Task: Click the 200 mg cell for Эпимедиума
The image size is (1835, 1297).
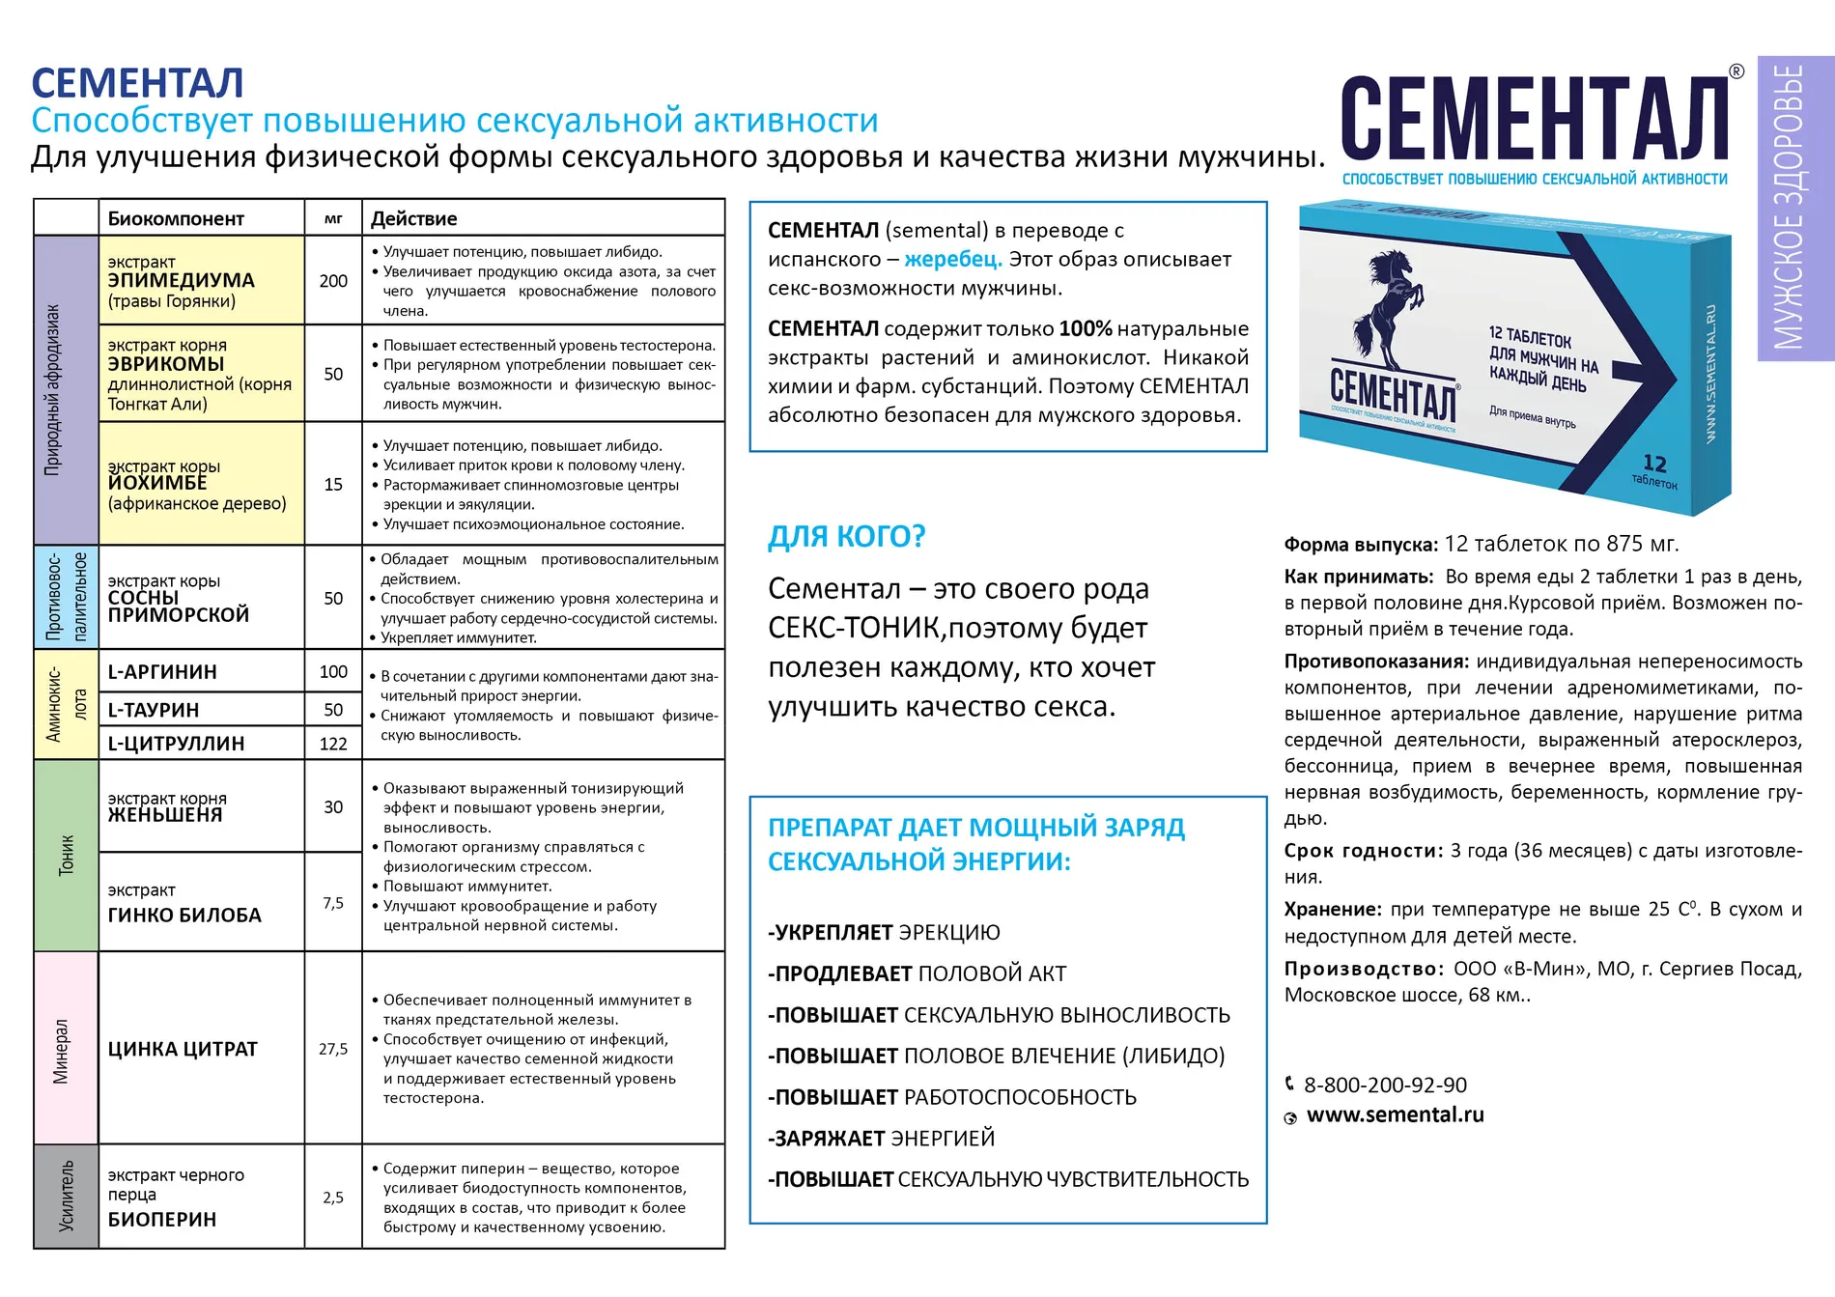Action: click(333, 281)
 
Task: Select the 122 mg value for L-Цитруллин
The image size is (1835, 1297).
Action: click(333, 744)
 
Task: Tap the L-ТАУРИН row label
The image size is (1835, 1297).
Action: click(154, 710)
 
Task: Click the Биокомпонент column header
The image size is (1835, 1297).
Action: click(176, 218)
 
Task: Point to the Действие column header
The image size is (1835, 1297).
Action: click(414, 218)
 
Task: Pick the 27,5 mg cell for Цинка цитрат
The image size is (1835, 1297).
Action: click(333, 1049)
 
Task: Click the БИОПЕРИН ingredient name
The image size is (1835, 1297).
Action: click(162, 1220)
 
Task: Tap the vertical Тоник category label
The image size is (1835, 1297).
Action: click(67, 855)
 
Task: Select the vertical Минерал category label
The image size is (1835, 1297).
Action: click(62, 1051)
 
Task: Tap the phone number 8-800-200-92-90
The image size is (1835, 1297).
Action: click(1385, 1086)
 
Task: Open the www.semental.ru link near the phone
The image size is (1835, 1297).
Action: click(1395, 1115)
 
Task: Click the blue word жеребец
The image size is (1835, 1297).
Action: click(952, 260)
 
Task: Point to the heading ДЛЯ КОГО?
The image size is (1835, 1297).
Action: click(846, 537)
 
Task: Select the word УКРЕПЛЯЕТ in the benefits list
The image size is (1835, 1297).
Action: click(834, 933)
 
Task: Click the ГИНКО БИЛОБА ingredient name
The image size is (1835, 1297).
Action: click(184, 916)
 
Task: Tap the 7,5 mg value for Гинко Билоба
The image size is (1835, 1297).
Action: click(333, 903)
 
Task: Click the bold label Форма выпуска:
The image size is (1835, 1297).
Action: click(1361, 545)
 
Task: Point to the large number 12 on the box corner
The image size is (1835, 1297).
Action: click(1654, 464)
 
